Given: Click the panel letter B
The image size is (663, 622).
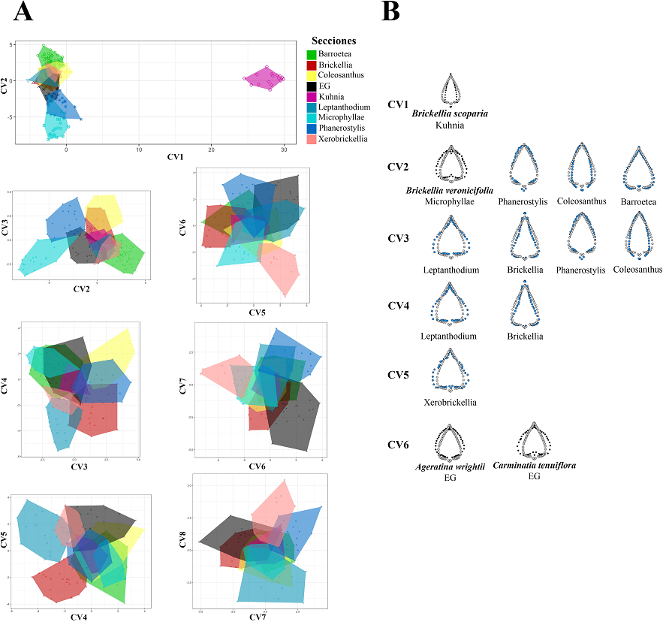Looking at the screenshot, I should coord(390,12).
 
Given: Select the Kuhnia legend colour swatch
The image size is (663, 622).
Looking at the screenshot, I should coord(312,97).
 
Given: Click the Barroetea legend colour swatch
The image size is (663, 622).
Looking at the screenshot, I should coord(312,55).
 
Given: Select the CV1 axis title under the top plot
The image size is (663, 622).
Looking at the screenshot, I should coord(175,158).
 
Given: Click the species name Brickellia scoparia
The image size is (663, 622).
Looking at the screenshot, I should coord(450,113).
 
